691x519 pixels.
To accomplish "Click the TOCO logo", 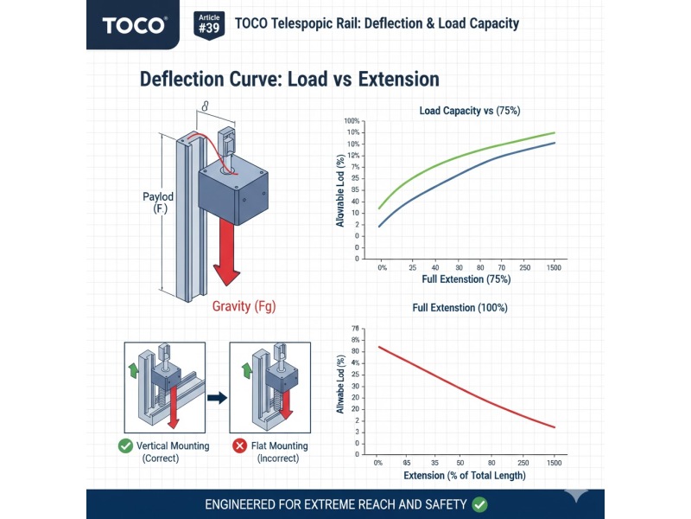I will tap(135, 24).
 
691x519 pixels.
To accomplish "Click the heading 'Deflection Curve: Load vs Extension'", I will tap(289, 80).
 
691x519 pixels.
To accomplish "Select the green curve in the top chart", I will tap(466, 157).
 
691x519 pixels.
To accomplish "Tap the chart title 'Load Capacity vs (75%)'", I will tap(469, 111).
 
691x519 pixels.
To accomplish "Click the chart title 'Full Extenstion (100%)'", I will tap(460, 307).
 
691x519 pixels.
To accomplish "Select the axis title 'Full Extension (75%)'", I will tap(466, 279).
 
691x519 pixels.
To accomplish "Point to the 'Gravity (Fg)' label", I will tap(244, 306).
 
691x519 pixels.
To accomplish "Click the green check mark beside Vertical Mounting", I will tap(125, 446).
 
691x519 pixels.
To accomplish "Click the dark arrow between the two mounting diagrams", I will tap(217, 398).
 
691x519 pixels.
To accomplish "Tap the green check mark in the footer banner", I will tap(480, 503).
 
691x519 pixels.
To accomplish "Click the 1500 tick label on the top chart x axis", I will tap(554, 268).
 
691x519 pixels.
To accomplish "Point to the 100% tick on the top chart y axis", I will tap(352, 121).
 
